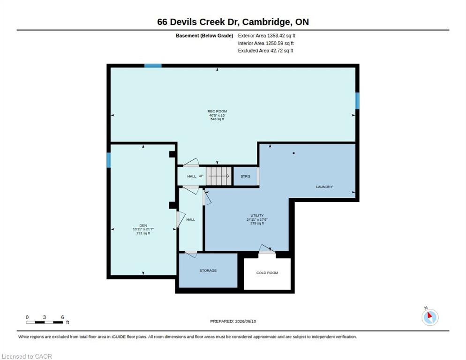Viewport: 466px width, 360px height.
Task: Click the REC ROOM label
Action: [x=217, y=111]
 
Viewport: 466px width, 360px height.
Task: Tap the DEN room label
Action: [x=143, y=225]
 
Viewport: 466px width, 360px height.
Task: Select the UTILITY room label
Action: [x=257, y=215]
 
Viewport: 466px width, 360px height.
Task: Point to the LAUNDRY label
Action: [x=324, y=187]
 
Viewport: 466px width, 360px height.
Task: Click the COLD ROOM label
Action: [x=267, y=273]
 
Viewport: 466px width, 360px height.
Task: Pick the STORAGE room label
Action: [x=208, y=270]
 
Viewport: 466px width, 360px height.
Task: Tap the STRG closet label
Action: [x=246, y=176]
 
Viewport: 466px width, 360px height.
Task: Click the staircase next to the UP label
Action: [x=219, y=176]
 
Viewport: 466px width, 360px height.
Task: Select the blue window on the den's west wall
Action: [x=108, y=160]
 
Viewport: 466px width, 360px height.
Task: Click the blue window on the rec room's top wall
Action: [x=153, y=66]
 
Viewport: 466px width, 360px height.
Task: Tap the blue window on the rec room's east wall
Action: [x=357, y=101]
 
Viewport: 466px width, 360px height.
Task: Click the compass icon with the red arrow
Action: [x=430, y=317]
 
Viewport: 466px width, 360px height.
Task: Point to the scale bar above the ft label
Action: [x=45, y=322]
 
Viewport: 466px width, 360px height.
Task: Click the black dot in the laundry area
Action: [x=293, y=153]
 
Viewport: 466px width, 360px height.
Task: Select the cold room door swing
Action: [x=267, y=249]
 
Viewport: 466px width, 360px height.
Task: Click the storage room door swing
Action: [x=191, y=254]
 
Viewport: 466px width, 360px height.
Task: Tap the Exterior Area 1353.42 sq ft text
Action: [x=267, y=36]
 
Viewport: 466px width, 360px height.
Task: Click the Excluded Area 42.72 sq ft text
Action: [x=266, y=51]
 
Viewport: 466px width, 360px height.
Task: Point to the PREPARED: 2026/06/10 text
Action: [x=233, y=322]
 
